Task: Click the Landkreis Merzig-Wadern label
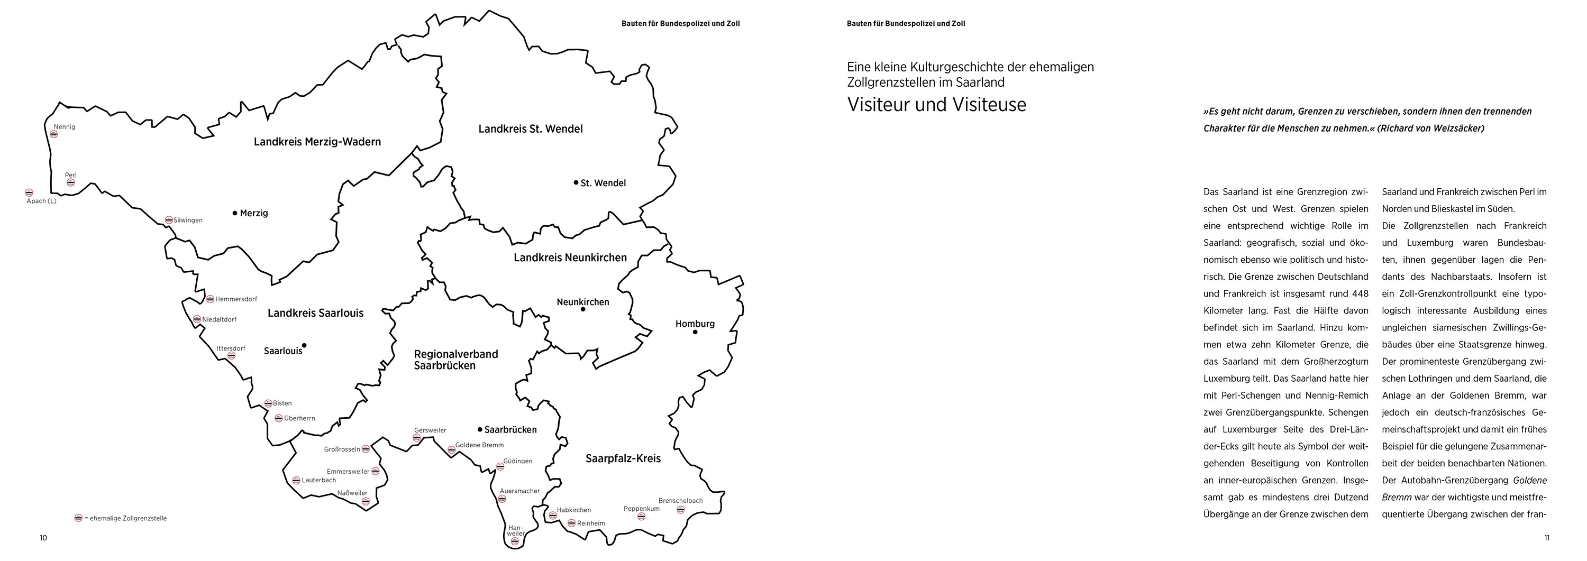coord(317,142)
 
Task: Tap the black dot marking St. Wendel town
coord(576,182)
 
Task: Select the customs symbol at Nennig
coord(53,134)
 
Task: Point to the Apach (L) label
coord(41,201)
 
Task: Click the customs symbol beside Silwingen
coord(169,220)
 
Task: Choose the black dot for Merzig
coord(235,213)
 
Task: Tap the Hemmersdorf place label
coord(236,299)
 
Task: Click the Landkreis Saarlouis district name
coord(315,313)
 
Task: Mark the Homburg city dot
coord(695,332)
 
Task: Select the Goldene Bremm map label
coord(479,445)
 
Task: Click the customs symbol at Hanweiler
coord(514,542)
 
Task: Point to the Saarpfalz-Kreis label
coord(623,458)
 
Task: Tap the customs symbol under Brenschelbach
coord(681,510)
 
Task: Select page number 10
coord(43,538)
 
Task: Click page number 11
coord(1546,538)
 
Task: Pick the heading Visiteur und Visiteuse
coord(936,105)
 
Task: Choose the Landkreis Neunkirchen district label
coord(570,257)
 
